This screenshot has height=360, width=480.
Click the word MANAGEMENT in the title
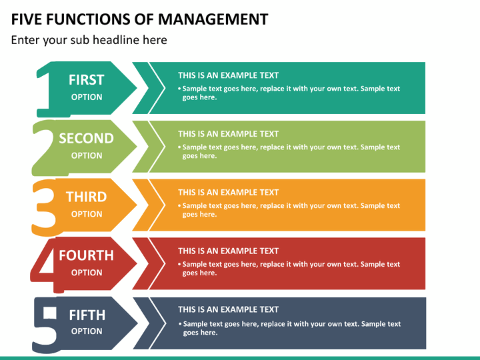213,19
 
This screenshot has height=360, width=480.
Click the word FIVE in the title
26,19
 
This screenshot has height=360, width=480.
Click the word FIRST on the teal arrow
86,80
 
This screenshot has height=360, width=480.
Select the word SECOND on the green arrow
86,139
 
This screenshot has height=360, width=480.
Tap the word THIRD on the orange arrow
86,197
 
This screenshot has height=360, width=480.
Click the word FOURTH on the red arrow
86,255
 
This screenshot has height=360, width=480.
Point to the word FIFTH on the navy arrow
87,315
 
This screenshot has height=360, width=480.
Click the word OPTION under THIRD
87,214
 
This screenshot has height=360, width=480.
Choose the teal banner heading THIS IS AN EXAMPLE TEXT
229,75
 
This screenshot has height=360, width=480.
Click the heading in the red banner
229,251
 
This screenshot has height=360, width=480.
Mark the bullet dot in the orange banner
180,206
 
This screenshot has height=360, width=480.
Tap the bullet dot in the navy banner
180,324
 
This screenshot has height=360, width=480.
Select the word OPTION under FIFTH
87,331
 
